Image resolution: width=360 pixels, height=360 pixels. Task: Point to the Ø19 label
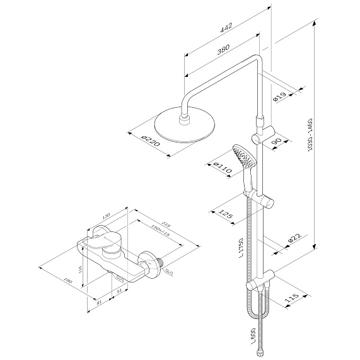click(x=280, y=97)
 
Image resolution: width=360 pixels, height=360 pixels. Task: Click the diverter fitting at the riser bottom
click(x=269, y=277)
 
